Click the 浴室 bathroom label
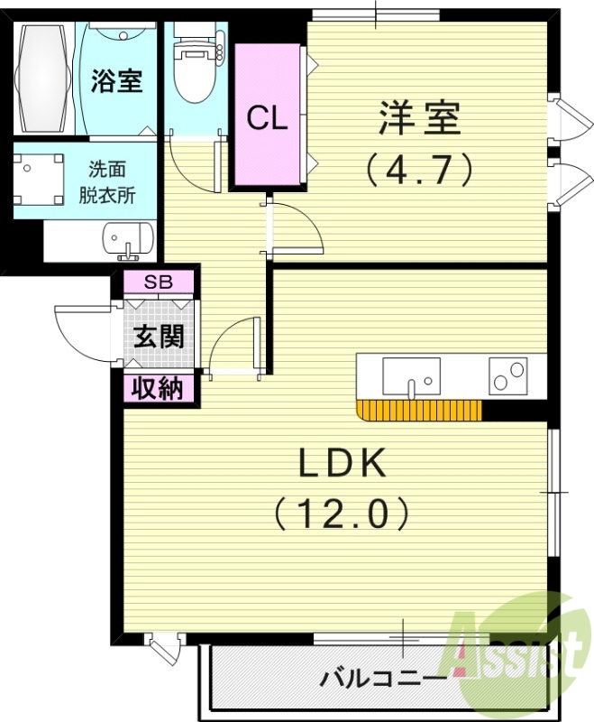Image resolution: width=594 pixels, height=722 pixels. coord(116,80)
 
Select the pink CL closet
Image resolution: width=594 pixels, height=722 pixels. coord(267,117)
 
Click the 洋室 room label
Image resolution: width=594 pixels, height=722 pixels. coord(419,118)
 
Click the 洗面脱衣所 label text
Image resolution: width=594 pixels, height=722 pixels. coord(112,181)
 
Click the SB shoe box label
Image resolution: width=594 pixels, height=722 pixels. coord(159,281)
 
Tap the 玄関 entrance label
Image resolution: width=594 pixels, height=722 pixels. coord(160,336)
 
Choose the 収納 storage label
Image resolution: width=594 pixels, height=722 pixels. coord(159,389)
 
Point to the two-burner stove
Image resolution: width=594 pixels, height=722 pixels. coord(507,375)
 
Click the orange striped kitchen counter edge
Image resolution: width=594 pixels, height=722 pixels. coord(419,411)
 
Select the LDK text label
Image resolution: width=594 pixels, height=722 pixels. coord(343,464)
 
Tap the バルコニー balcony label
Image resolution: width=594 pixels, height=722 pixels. coord(384,677)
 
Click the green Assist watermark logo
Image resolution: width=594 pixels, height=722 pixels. coord(518,646)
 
